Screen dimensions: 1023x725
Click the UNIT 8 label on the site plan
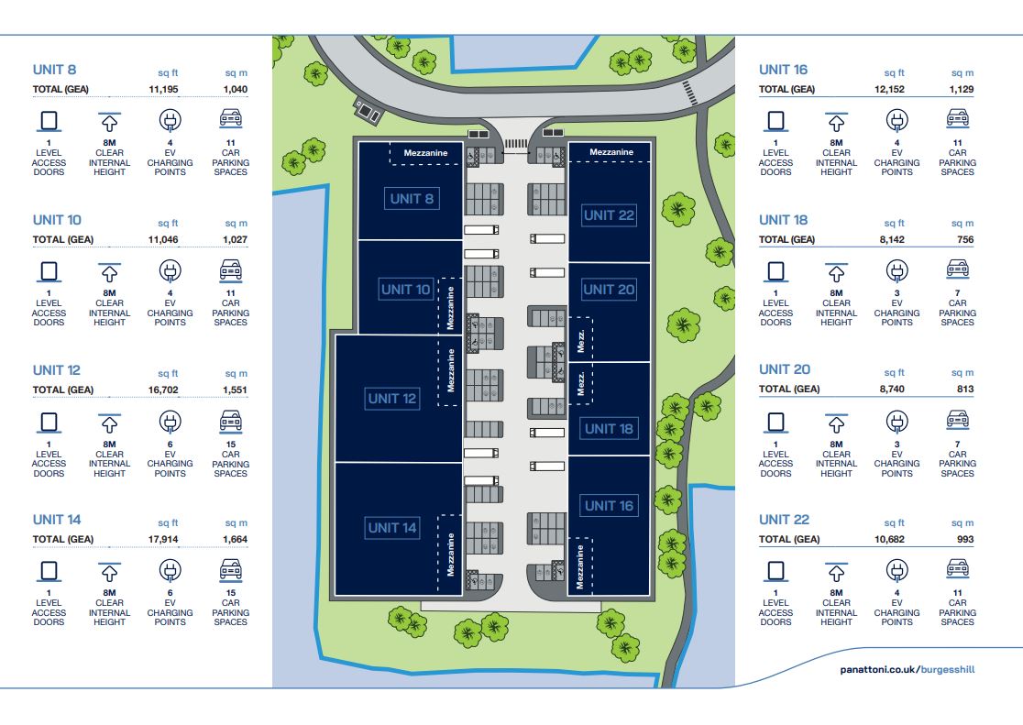[x=412, y=199]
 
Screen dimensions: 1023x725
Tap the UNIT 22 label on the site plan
[x=609, y=215]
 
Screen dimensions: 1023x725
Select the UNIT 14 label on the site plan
[x=392, y=528]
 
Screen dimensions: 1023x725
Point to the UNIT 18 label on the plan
[x=609, y=429]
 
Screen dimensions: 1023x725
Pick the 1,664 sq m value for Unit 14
[x=235, y=540]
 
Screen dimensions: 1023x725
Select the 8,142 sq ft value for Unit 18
[x=889, y=239]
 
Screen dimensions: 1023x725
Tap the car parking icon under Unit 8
[x=231, y=120]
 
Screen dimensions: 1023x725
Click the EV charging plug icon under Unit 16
[x=896, y=120]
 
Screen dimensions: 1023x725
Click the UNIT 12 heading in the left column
[x=57, y=370]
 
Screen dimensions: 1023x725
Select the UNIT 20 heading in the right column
[x=784, y=369]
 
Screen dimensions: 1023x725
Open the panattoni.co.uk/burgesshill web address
[x=907, y=669]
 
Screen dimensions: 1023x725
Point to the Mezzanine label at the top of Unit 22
[x=610, y=152]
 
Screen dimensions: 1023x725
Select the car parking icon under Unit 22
[x=958, y=571]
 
